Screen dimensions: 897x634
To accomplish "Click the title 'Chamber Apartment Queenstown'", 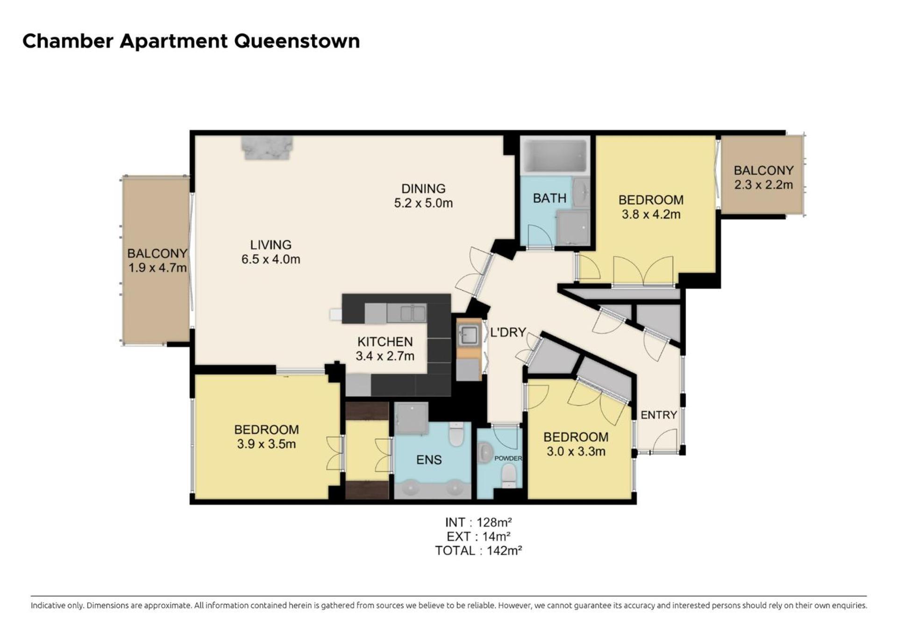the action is [191, 41].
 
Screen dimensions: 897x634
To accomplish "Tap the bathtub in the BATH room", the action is [555, 156].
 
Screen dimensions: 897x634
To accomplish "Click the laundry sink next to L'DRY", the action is [468, 335].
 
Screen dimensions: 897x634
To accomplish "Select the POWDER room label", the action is [508, 458].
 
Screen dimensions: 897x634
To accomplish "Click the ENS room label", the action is [429, 460].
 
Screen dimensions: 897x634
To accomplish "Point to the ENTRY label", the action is [659, 415].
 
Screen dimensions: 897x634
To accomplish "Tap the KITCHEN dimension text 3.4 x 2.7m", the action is [385, 356].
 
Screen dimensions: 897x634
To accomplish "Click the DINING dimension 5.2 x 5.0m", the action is [423, 203].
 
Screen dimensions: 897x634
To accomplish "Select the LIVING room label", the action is [271, 245].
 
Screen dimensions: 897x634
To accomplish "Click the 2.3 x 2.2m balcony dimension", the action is [763, 185].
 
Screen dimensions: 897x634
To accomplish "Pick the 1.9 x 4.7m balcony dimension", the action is [157, 268].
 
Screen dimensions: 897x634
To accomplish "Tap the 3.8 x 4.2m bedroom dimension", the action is [651, 214].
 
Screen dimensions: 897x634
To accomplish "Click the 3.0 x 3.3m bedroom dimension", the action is [576, 451].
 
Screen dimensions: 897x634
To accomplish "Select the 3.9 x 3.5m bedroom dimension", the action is [266, 444].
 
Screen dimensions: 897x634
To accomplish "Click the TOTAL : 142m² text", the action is [478, 551].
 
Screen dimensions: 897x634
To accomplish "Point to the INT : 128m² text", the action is [478, 522].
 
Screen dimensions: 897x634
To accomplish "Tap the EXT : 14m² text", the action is [478, 536].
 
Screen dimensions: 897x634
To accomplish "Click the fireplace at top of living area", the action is [267, 148].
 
